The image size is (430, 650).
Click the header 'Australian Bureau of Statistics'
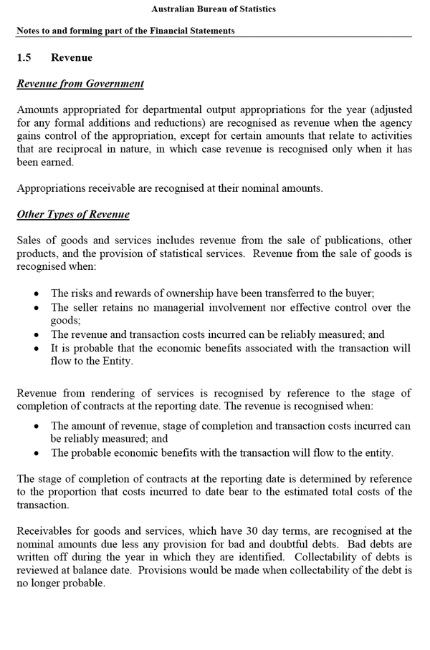[x=214, y=9]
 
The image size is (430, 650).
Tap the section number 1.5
[x=24, y=57]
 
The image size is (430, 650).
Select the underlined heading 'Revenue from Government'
[x=80, y=84]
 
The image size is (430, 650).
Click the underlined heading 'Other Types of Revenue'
[x=73, y=215]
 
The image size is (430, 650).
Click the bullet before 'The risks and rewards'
[x=37, y=294]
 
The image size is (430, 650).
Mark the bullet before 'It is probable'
[x=37, y=348]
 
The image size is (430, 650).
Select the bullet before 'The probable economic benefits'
[x=37, y=453]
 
